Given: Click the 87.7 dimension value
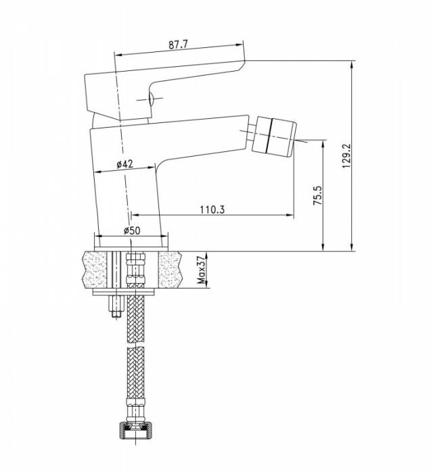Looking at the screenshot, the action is (178, 45).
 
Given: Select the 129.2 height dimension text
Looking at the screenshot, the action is (346, 155).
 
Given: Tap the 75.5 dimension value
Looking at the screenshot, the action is (317, 195).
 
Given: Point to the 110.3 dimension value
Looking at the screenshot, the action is (212, 209).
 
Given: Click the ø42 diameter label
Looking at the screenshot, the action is (124, 164).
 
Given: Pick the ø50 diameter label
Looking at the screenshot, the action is (132, 231).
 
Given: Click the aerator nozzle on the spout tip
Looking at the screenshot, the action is (273, 136).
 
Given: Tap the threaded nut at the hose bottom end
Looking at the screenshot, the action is (135, 431).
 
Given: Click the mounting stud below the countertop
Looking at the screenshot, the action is (116, 306).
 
